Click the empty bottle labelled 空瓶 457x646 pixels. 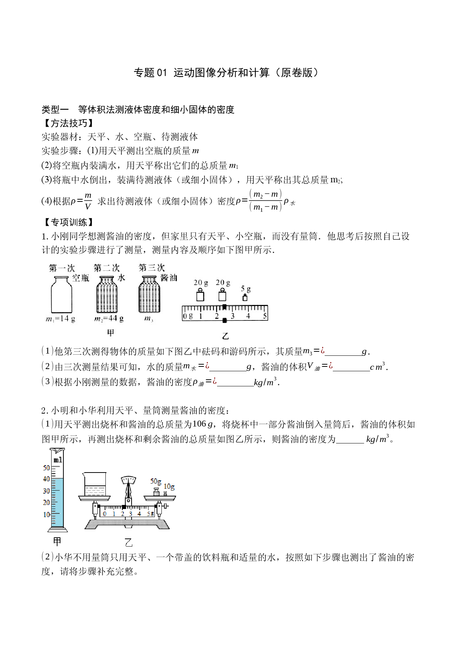(61, 295)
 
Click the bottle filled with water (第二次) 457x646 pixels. (107, 295)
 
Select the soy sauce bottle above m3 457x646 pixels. (149, 295)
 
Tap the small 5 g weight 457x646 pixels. (245, 298)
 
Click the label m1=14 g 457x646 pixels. (60, 319)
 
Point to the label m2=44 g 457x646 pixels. (109, 319)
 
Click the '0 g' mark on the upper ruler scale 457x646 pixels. (188, 316)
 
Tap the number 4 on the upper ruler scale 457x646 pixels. (248, 316)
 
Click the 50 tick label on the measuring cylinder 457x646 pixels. (46, 468)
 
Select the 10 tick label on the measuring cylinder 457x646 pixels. (46, 515)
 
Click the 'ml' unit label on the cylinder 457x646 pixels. (58, 460)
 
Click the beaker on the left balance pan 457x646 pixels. (95, 484)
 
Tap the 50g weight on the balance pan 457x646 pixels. (156, 492)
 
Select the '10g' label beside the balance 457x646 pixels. (169, 487)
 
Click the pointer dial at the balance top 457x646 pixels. (128, 480)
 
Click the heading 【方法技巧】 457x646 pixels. (67, 123)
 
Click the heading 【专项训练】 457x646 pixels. (67, 222)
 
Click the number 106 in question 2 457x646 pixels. (199, 424)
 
